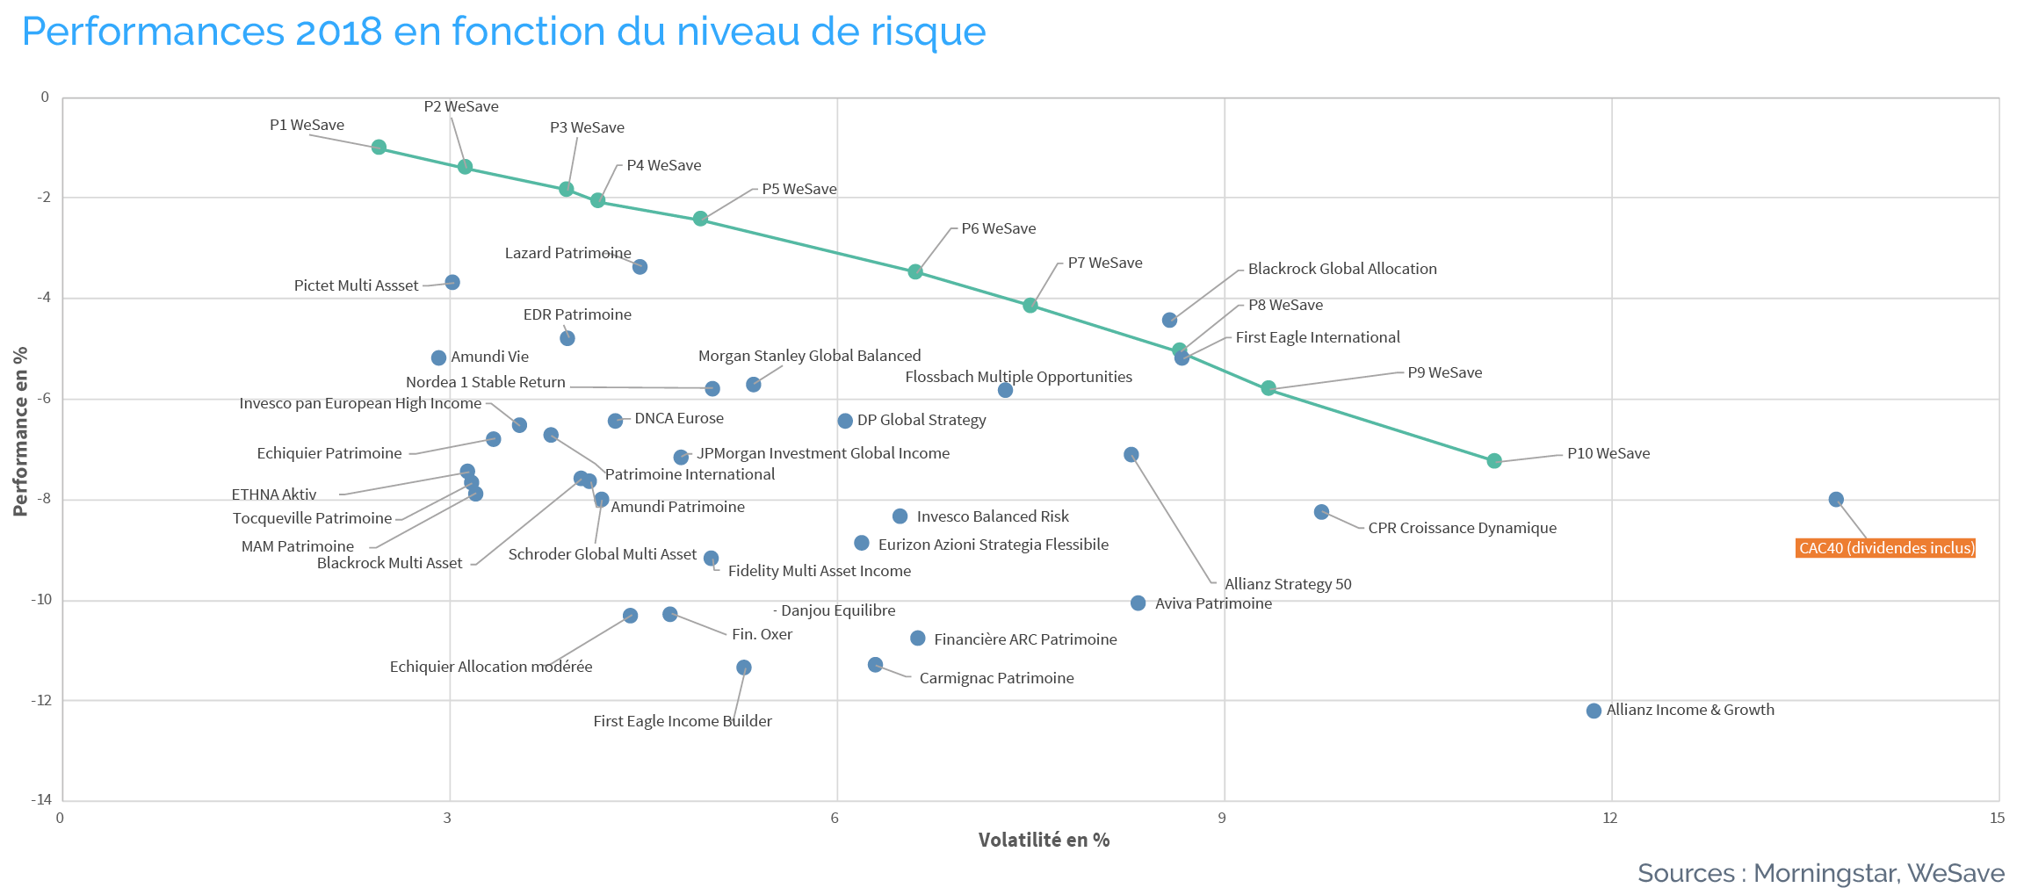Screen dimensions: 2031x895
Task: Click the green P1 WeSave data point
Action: pos(379,147)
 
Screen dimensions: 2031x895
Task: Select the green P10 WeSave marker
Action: pos(1494,460)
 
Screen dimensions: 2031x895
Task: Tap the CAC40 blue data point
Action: pos(1836,499)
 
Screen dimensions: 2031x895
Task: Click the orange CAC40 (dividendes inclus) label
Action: pos(1886,548)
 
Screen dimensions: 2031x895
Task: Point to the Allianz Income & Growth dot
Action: pos(1594,711)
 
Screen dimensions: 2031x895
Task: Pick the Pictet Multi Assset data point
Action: pos(452,282)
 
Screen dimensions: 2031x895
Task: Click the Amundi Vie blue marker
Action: pos(438,357)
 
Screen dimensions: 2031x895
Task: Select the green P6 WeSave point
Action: pos(915,271)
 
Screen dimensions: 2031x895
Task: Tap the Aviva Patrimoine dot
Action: pos(1138,603)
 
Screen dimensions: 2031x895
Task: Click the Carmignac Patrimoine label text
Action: pos(996,678)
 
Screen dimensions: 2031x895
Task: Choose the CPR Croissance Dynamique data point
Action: pos(1321,511)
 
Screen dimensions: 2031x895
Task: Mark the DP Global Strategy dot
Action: pos(845,421)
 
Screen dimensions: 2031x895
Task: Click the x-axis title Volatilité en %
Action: pos(1044,840)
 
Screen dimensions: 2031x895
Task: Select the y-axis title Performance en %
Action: pos(20,431)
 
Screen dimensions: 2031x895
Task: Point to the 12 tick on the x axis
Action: pos(1609,818)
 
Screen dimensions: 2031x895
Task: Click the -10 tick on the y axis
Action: pos(41,599)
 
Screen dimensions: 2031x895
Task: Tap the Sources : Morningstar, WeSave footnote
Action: pos(1821,873)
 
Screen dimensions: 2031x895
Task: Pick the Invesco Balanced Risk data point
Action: pos(900,516)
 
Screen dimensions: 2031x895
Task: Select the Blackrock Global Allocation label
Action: pos(1342,269)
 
